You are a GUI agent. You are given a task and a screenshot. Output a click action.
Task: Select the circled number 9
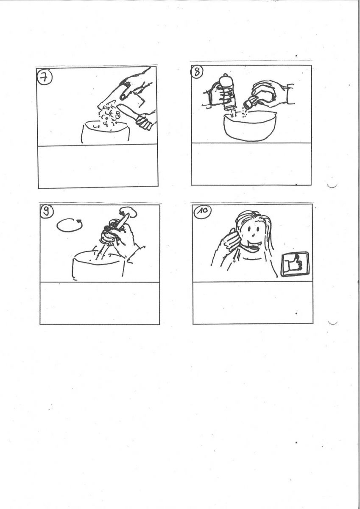click(x=47, y=211)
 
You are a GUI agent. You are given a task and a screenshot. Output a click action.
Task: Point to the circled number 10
click(x=203, y=211)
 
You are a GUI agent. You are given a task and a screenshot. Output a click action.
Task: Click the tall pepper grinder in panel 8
click(x=227, y=93)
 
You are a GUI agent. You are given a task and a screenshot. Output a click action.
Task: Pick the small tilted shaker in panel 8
click(x=251, y=101)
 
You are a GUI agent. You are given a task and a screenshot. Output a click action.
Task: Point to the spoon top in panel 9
click(x=128, y=212)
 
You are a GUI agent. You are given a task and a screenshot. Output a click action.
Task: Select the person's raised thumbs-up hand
click(x=229, y=241)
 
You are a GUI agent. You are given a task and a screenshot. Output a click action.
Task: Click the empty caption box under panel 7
click(x=98, y=166)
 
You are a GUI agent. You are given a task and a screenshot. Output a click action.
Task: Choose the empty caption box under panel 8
click(x=251, y=164)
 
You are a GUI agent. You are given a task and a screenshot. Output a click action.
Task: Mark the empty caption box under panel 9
click(x=100, y=303)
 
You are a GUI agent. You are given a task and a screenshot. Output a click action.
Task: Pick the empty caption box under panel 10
click(x=253, y=303)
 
